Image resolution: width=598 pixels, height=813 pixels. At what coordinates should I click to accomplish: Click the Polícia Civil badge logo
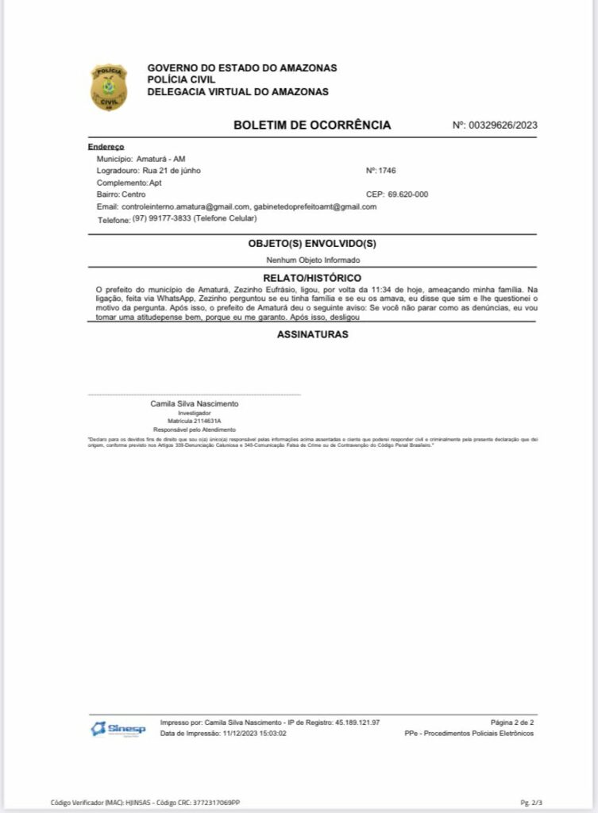[108, 87]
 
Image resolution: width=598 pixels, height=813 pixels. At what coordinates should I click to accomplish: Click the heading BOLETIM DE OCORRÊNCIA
[312, 125]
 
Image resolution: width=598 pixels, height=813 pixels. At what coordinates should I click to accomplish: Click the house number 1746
[387, 171]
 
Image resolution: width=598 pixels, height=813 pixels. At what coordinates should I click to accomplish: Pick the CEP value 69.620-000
[408, 195]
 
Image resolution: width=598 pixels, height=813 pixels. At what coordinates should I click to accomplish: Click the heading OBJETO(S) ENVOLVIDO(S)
[312, 244]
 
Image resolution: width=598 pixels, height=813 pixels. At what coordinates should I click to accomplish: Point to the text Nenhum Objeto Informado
[312, 260]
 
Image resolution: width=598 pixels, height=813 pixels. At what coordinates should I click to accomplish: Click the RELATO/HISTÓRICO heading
[312, 278]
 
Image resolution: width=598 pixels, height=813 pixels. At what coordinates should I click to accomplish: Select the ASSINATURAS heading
[312, 334]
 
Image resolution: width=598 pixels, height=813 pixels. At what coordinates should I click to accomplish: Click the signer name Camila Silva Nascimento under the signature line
[195, 403]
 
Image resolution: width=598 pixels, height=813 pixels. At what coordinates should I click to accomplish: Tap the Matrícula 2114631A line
[195, 421]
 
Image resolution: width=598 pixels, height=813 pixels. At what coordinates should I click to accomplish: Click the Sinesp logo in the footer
[106, 728]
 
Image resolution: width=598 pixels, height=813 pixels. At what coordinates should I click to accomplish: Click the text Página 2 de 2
[512, 722]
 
